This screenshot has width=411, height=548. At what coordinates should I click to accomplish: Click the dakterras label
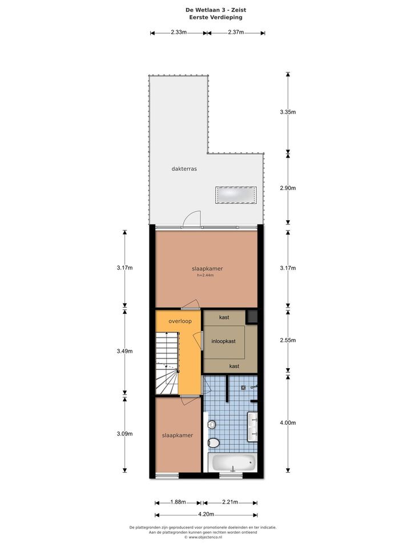click(x=184, y=169)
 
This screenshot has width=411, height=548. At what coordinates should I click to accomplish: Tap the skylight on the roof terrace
click(x=236, y=195)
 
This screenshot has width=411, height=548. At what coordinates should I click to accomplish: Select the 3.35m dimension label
click(x=288, y=112)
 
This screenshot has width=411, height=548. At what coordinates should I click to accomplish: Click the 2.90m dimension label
click(x=288, y=188)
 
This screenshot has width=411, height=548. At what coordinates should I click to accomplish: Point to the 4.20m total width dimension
click(x=206, y=514)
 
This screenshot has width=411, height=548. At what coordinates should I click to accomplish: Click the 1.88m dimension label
click(x=178, y=502)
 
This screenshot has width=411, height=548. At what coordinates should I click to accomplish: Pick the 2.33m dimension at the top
click(x=179, y=33)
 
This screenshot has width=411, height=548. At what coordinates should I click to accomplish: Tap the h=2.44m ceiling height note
click(x=205, y=275)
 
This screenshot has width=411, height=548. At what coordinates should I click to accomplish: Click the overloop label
click(x=180, y=321)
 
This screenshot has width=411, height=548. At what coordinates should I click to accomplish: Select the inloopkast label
click(x=223, y=341)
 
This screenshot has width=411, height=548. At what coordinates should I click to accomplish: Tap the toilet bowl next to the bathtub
click(x=213, y=443)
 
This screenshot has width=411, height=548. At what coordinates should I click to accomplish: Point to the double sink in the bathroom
click(x=253, y=427)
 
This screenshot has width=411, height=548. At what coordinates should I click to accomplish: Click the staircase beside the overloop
click(x=167, y=364)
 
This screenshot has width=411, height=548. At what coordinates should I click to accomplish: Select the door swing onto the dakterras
click(x=192, y=219)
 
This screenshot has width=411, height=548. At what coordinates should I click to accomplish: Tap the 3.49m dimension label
click(x=125, y=351)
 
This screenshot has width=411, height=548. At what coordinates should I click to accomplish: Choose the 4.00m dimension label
click(x=288, y=423)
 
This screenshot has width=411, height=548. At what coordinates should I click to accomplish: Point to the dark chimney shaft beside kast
click(x=252, y=317)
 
